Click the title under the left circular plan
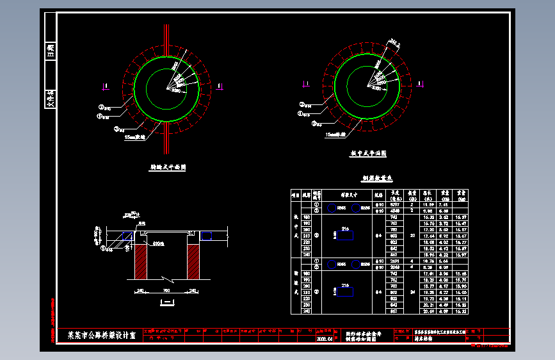167,167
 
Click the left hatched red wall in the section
141,261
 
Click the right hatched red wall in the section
195,261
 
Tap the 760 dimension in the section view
167,290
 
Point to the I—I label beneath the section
167,300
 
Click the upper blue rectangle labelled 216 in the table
345,236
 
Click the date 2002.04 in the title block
325,339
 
